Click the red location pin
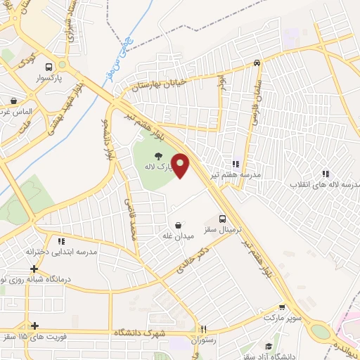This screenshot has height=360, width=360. (181, 165)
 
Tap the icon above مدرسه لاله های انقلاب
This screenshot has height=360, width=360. (325, 174)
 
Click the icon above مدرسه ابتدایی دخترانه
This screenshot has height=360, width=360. (61, 241)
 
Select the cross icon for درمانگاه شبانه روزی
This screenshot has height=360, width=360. (34, 269)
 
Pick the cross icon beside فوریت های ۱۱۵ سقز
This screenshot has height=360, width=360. (34, 326)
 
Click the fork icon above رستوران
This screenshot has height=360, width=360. (203, 328)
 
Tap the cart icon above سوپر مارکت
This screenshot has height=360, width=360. (282, 307)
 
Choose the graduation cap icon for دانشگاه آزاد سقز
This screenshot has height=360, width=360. (268, 346)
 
